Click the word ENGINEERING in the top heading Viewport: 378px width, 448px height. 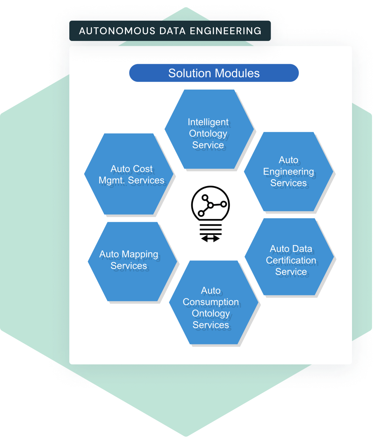pos(226,31)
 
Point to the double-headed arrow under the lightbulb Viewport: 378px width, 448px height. pos(210,238)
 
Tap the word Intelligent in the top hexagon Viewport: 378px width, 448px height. pos(208,122)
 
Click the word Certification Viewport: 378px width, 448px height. pos(291,260)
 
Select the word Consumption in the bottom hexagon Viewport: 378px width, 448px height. pos(211,302)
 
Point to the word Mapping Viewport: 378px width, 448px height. pos(140,254)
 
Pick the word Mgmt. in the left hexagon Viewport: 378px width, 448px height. pos(112,180)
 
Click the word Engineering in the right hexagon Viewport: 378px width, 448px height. pos(288,172)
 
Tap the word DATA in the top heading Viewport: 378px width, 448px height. pos(172,31)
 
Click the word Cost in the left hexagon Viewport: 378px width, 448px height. pos(143,169)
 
